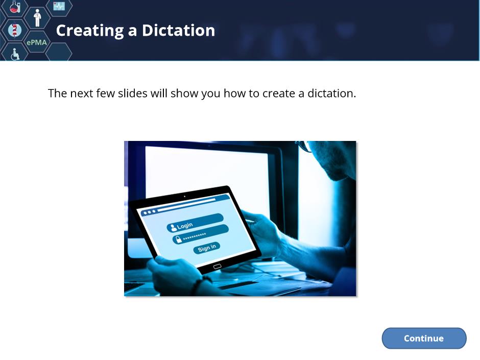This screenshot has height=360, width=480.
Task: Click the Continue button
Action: tap(424, 338)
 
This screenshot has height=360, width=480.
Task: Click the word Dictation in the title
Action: tap(179, 31)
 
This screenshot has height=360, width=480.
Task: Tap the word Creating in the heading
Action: tap(90, 31)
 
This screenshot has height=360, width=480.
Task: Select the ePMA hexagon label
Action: tap(37, 42)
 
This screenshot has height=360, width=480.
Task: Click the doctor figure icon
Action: tap(37, 18)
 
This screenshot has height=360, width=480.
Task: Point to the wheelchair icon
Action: tap(15, 54)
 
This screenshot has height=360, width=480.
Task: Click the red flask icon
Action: tap(14, 7)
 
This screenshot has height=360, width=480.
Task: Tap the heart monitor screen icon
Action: tap(59, 6)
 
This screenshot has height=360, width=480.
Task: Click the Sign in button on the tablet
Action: tap(207, 248)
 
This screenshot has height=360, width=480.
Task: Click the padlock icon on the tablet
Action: tap(178, 239)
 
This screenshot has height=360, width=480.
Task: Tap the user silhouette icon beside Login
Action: tap(173, 227)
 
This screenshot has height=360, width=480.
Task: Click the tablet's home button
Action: tap(217, 267)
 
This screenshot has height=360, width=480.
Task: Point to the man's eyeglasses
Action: tap(304, 147)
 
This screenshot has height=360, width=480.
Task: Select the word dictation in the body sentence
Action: tap(331, 93)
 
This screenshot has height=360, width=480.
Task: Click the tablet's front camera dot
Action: tap(184, 196)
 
